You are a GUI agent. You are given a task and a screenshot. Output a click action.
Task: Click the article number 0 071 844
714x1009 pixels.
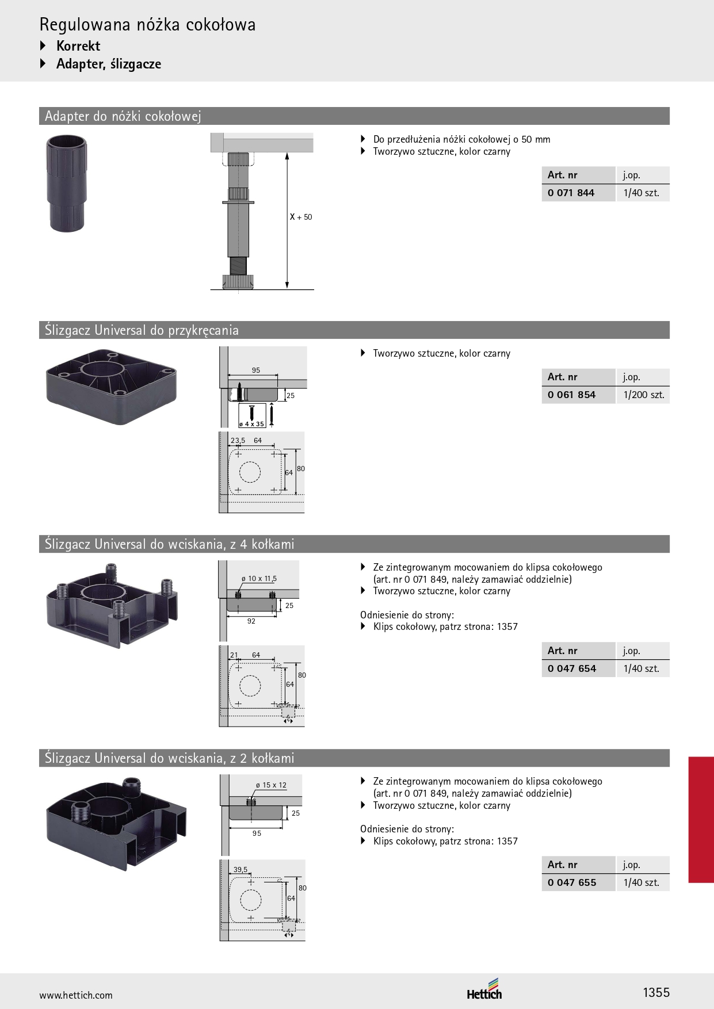coord(571,193)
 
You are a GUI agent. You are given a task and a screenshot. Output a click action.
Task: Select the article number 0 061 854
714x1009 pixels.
coord(571,395)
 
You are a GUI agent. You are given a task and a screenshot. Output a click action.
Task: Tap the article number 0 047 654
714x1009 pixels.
coord(572,668)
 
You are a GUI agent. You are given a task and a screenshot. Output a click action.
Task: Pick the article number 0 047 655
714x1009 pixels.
coord(572,882)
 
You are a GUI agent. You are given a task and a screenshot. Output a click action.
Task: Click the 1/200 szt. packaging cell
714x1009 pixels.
coord(644,395)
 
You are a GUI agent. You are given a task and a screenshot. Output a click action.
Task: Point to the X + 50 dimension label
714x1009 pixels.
coord(301,217)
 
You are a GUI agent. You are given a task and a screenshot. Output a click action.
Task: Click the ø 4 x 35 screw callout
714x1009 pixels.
coord(252,424)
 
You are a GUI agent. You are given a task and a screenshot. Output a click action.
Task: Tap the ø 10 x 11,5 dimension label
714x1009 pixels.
coord(259,579)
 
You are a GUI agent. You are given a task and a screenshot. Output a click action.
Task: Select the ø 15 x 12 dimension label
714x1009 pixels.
coord(271,785)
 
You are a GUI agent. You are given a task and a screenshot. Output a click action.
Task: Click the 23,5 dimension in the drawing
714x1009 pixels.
coord(238,441)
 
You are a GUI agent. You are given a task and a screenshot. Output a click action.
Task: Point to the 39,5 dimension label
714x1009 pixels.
coord(240,870)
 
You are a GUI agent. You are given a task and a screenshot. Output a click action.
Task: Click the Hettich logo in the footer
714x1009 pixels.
coord(484,989)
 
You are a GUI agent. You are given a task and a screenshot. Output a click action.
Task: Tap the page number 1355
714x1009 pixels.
coord(656,992)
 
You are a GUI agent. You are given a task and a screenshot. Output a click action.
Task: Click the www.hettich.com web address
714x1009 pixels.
coord(76,995)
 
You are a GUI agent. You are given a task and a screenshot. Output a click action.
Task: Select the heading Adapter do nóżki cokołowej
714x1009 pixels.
coord(123,116)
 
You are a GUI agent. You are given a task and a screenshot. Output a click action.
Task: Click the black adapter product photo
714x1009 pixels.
coord(67,184)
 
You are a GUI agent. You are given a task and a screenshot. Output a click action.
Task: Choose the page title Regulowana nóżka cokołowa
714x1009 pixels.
coord(148,25)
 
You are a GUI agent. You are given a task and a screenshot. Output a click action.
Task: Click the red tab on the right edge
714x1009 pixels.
coord(701,820)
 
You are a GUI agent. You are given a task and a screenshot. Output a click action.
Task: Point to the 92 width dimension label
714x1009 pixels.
coord(251,621)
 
